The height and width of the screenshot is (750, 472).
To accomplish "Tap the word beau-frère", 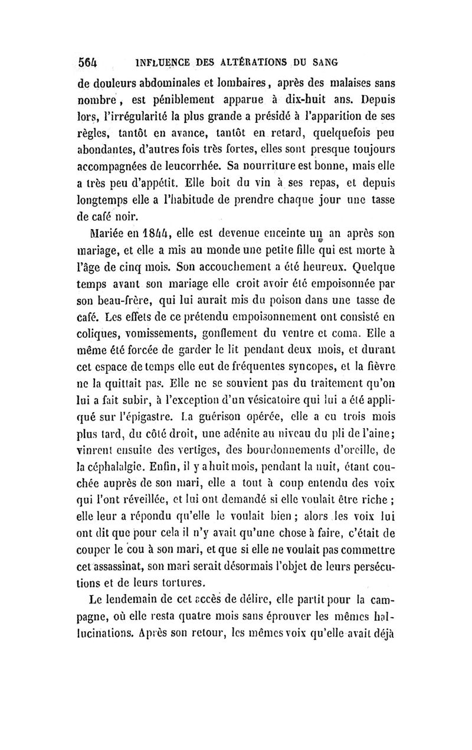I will tap(129, 305).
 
